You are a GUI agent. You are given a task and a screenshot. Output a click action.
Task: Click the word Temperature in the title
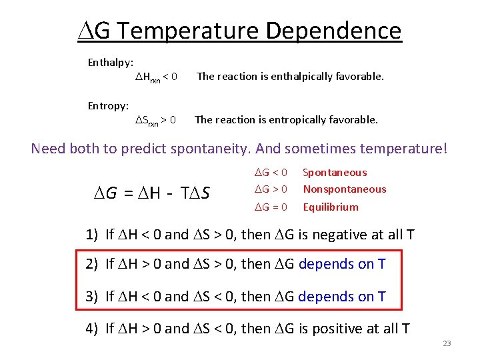pyautogui.click(x=189, y=31)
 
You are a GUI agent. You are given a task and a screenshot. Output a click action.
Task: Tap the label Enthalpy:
pyautogui.click(x=111, y=63)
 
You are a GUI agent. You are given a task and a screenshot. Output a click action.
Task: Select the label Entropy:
pyautogui.click(x=109, y=105)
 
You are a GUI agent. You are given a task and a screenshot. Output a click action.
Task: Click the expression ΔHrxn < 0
pyautogui.click(x=156, y=77)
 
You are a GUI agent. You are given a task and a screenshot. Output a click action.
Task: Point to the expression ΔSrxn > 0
pyautogui.click(x=156, y=120)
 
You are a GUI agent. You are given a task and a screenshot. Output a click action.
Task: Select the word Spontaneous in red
pyautogui.click(x=335, y=173)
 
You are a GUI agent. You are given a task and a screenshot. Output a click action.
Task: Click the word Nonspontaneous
pyautogui.click(x=345, y=189)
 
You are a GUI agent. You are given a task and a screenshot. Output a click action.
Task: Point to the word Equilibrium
pyautogui.click(x=331, y=207)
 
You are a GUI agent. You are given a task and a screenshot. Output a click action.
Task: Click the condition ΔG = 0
pyautogui.click(x=271, y=207)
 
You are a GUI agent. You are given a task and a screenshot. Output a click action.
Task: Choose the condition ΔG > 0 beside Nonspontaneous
pyautogui.click(x=271, y=189)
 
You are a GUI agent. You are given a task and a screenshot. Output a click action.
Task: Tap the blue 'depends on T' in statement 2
pyautogui.click(x=342, y=264)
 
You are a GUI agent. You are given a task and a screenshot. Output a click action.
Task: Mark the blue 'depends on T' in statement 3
pyautogui.click(x=342, y=296)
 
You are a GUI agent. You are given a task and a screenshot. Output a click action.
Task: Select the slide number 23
pyautogui.click(x=447, y=344)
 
